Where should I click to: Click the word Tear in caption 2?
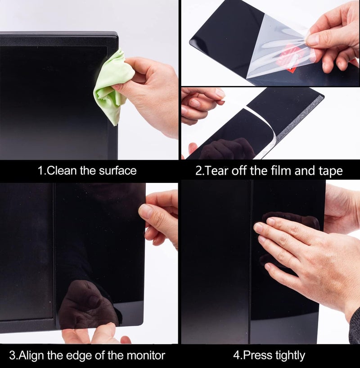(217, 171)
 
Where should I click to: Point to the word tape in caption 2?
(330, 171)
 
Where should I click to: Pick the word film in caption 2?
(283, 171)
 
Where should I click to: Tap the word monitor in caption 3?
(144, 355)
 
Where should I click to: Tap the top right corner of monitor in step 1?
(116, 34)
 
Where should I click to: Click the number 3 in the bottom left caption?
(13, 355)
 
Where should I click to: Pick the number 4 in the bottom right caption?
(236, 355)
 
